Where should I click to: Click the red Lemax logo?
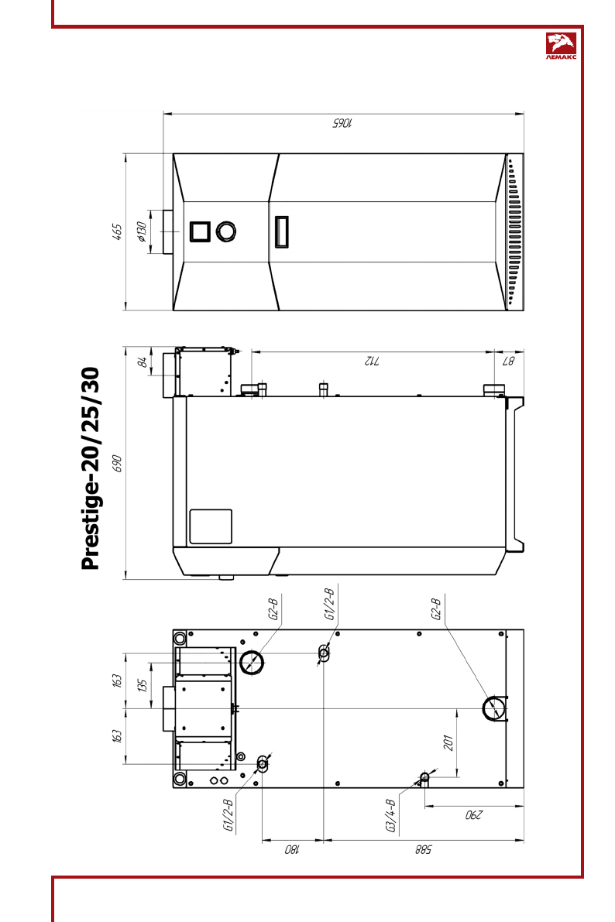point(561,46)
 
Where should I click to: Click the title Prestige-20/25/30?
point(91,468)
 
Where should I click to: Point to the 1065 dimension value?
point(342,122)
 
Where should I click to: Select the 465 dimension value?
point(117,231)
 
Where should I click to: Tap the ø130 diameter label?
point(141,231)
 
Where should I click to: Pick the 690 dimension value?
point(116,464)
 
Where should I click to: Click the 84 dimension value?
point(142,362)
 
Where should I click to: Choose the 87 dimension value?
point(508,361)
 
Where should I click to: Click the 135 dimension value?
point(142,686)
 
